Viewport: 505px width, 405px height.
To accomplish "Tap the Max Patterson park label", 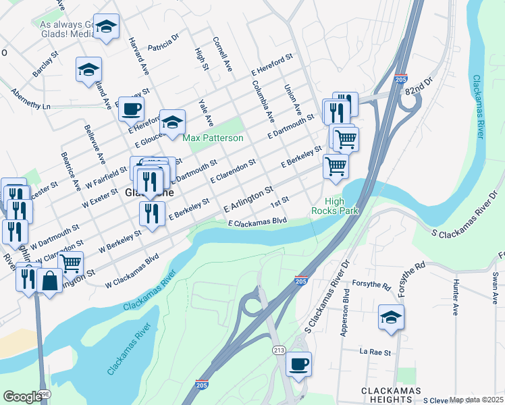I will pyautogui.click(x=213, y=138).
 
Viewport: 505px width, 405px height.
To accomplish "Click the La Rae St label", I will pyautogui.click(x=371, y=352).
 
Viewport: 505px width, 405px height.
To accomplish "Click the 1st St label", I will pyautogui.click(x=280, y=201).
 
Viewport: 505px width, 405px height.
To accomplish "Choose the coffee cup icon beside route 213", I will pyautogui.click(x=298, y=364).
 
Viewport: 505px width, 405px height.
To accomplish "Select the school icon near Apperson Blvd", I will pyautogui.click(x=391, y=316).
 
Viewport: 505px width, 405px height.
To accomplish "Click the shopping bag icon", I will pyautogui.click(x=51, y=280).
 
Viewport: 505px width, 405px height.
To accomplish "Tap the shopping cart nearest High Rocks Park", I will pyautogui.click(x=336, y=165).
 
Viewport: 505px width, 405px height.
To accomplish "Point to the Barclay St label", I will pyautogui.click(x=42, y=67).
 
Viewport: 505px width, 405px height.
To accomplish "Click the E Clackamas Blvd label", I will pyautogui.click(x=258, y=221).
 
